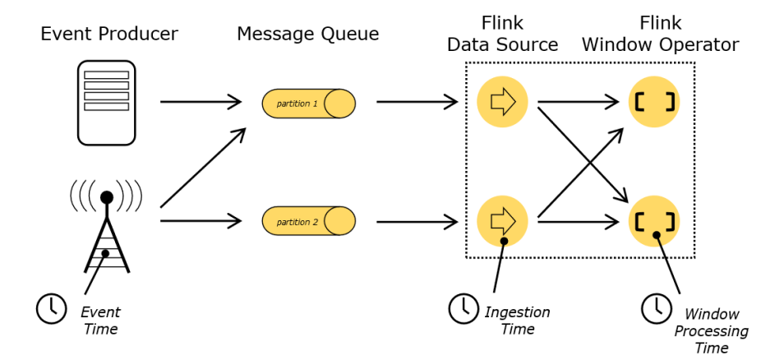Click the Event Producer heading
click(x=109, y=34)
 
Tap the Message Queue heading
click(x=308, y=34)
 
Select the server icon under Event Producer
click(x=106, y=103)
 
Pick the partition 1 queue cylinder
click(x=309, y=104)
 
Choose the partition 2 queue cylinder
click(x=309, y=220)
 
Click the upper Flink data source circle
click(x=502, y=102)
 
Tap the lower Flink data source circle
click(x=502, y=220)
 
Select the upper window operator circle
click(x=654, y=102)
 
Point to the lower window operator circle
click(x=654, y=220)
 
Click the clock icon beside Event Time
click(x=52, y=308)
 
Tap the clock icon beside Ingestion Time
click(x=463, y=308)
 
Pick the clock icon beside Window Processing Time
click(x=656, y=308)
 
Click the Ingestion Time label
click(x=517, y=321)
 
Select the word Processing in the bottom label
click(x=712, y=331)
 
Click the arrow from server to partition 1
click(x=201, y=102)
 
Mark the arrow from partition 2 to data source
click(x=417, y=220)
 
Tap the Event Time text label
click(x=100, y=321)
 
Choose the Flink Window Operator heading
click(x=661, y=34)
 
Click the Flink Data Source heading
click(x=502, y=34)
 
